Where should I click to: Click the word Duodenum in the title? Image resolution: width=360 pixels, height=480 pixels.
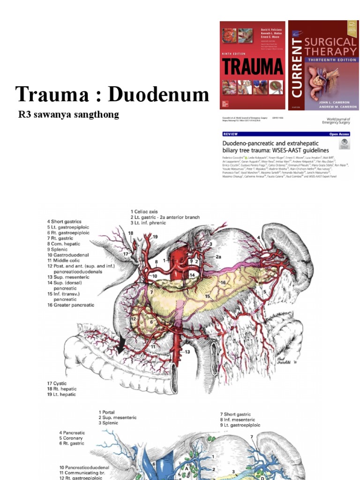click(158, 94)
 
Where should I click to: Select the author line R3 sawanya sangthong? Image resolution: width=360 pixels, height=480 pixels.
click(68, 114)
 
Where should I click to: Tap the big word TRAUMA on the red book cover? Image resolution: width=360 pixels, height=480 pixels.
click(252, 67)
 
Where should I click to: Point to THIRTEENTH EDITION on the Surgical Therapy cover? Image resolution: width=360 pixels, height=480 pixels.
click(331, 61)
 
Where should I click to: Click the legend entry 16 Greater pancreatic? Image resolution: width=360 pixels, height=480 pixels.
click(70, 305)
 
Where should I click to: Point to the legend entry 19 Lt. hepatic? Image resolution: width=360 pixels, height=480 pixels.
click(61, 394)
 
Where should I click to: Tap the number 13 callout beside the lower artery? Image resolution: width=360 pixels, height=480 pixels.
click(188, 352)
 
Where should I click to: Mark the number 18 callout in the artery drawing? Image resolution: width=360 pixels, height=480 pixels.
click(130, 233)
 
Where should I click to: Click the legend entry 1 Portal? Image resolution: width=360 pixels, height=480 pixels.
click(109, 412)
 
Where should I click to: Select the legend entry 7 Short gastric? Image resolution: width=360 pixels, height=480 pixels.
click(235, 414)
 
